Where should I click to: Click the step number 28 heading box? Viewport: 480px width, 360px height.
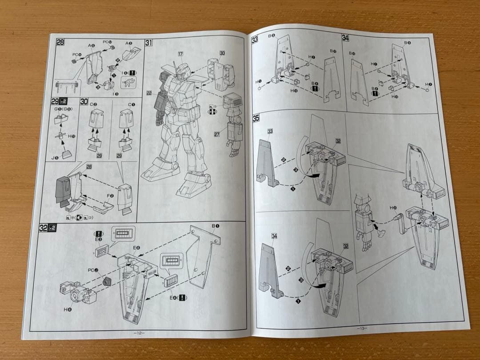[60, 43]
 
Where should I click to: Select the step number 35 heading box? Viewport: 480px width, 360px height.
[256, 118]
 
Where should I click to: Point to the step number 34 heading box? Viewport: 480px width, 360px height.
[345, 38]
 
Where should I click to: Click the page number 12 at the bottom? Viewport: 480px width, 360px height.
[139, 332]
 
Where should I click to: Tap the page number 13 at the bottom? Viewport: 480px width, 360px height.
[361, 328]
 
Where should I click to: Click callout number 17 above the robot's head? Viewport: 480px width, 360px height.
[180, 54]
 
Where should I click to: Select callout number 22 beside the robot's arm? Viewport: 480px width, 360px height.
[149, 93]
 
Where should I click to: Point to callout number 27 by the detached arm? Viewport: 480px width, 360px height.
[217, 134]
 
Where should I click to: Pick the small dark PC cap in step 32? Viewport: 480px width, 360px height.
[107, 281]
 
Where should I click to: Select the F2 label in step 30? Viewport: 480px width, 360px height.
[110, 196]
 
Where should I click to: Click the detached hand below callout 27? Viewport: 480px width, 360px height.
[232, 149]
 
